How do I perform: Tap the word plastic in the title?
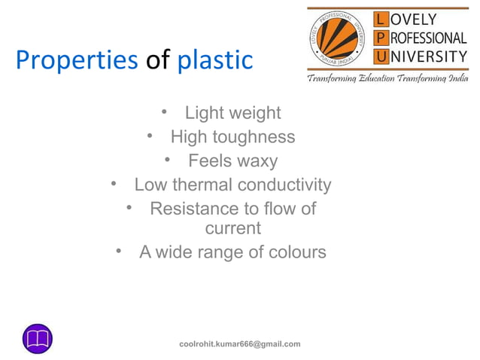215,60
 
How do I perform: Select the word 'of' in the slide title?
157,60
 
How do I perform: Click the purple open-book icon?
37,339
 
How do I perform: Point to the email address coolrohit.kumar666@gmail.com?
239,344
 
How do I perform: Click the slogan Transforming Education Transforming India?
387,78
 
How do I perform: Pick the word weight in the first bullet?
254,114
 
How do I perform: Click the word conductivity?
284,185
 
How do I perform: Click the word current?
233,227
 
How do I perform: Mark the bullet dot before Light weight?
164,113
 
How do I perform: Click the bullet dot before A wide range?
119,252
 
